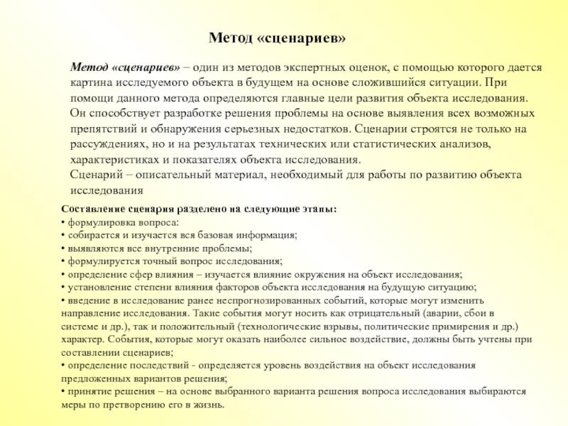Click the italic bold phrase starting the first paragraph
(124, 66)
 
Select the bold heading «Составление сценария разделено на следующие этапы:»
(200, 210)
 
